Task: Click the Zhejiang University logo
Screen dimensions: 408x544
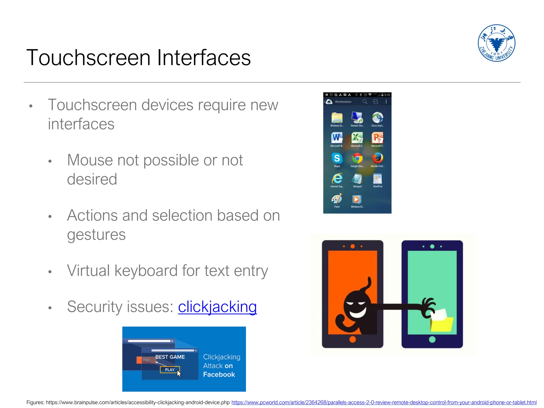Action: pos(496,43)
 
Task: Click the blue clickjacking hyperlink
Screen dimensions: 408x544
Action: pos(217,307)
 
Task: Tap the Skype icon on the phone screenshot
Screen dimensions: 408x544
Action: pos(337,158)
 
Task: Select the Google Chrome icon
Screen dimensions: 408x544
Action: pos(357,158)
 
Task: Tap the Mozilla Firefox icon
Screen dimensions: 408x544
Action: pos(377,158)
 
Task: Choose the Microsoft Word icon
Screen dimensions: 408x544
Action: pos(337,138)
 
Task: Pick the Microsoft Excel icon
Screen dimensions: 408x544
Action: pos(357,138)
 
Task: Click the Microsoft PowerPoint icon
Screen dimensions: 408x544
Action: pos(377,138)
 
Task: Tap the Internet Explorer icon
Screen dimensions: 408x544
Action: pos(337,178)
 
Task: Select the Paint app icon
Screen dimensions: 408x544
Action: pos(337,199)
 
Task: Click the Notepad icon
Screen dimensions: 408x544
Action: pos(357,178)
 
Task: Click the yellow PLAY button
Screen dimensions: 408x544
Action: pos(170,369)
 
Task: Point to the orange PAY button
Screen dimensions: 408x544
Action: pos(143,360)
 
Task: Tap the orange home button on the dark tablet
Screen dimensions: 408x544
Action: pos(352,339)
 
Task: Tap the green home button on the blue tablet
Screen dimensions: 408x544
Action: pos(432,339)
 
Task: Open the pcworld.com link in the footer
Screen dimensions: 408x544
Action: pos(384,402)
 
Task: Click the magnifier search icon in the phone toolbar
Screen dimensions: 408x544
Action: pos(365,102)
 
